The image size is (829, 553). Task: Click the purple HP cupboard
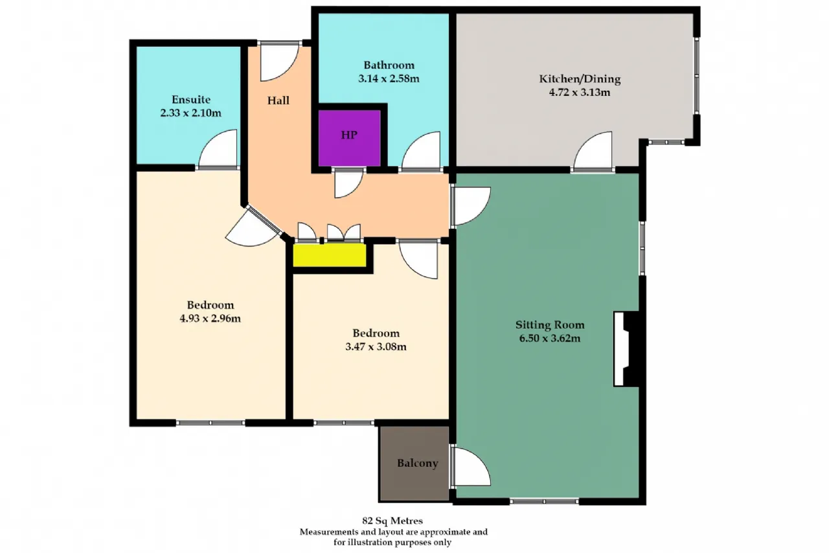click(349, 138)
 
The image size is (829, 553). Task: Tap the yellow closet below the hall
click(330, 255)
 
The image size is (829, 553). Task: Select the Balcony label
click(418, 464)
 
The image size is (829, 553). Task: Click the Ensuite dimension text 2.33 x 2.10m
click(190, 113)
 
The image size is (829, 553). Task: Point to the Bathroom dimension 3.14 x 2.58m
click(389, 78)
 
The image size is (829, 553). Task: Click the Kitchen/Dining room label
click(580, 79)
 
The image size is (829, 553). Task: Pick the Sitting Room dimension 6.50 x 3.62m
click(550, 338)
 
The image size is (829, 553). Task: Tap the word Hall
click(278, 100)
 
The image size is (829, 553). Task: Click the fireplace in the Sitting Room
click(626, 349)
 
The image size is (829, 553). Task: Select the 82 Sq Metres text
click(392, 521)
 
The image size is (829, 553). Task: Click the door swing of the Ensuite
click(218, 149)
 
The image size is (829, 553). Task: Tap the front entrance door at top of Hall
click(279, 62)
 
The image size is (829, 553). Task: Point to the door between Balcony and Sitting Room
click(471, 466)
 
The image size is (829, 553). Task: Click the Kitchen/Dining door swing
click(593, 151)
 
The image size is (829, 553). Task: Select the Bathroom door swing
click(421, 151)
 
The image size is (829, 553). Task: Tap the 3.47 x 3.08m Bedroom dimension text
click(376, 347)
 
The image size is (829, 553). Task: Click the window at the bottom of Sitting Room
click(544, 502)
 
